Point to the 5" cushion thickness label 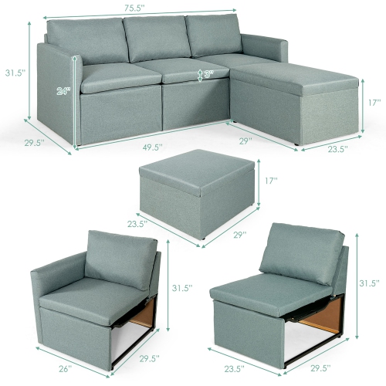tap(208, 76)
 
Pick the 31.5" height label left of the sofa tap(13, 73)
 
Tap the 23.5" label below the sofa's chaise tap(335, 148)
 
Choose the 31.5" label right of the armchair tap(181, 288)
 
